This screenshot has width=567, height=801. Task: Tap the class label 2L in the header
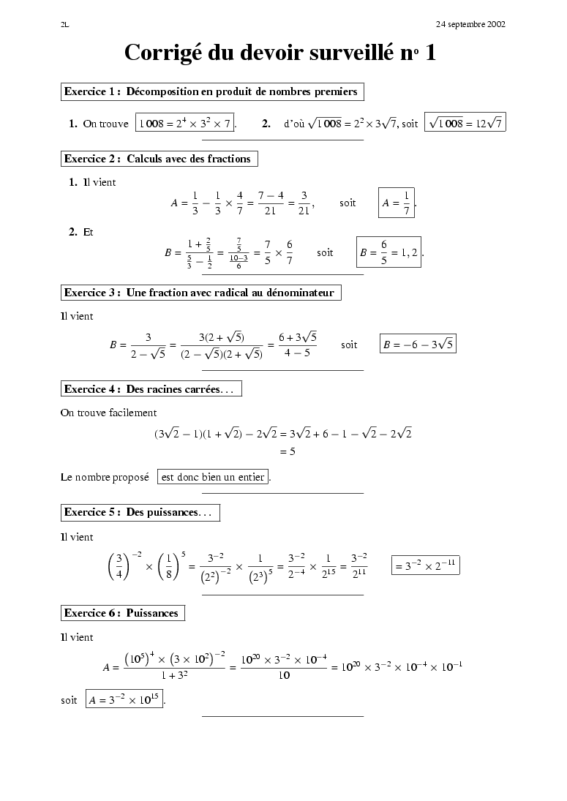[64, 24]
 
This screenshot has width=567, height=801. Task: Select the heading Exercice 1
[211, 92]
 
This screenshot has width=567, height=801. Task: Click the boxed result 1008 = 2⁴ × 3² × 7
[186, 124]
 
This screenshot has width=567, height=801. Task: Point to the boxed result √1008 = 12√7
[465, 124]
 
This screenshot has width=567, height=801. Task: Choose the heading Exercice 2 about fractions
[158, 159]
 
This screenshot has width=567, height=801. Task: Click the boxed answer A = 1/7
[397, 203]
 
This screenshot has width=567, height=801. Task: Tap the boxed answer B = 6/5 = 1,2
[388, 252]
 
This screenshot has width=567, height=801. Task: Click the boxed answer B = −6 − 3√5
[418, 344]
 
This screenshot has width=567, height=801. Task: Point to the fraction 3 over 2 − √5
[148, 345]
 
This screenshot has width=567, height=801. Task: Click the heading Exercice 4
[150, 389]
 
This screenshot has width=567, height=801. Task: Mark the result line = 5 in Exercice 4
[288, 452]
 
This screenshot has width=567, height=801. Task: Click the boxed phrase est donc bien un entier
[213, 478]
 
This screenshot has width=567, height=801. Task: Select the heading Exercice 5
[139, 512]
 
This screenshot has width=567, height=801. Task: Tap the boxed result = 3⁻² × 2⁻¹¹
[426, 565]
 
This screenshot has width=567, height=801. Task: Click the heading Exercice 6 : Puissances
[121, 613]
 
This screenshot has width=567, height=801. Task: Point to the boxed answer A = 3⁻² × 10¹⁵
[124, 700]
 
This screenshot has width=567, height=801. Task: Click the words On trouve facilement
[108, 413]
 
